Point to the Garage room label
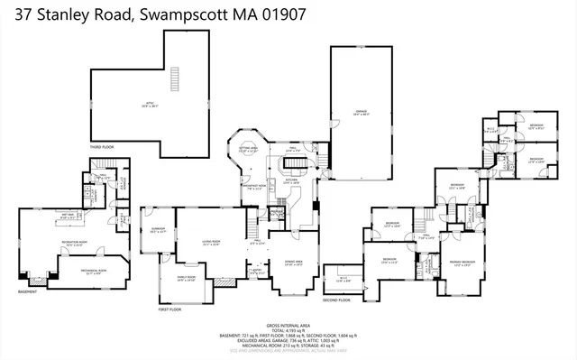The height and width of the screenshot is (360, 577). [x=360, y=112]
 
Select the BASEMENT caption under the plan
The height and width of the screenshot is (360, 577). [x=28, y=291]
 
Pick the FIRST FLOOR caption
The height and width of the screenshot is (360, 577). [x=170, y=309]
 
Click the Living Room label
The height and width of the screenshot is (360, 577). [x=212, y=242]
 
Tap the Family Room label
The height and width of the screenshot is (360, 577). [x=184, y=279]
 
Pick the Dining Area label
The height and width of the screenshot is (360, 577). [x=293, y=263]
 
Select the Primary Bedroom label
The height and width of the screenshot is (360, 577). [x=463, y=263]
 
